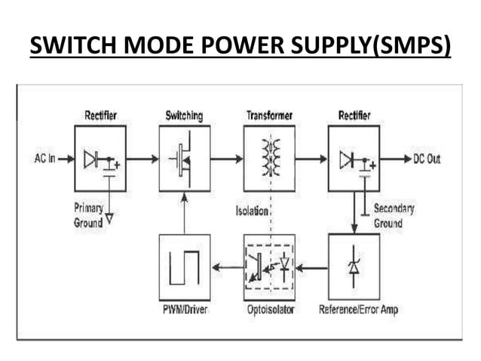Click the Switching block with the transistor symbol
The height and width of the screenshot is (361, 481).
click(x=185, y=159)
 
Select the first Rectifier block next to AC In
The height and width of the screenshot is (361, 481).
click(x=100, y=159)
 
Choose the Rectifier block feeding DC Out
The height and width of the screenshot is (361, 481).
click(x=354, y=159)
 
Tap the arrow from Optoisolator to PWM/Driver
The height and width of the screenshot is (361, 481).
click(x=227, y=266)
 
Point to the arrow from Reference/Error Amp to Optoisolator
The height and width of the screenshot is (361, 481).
click(x=311, y=266)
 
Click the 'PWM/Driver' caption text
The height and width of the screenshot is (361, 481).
click(x=185, y=310)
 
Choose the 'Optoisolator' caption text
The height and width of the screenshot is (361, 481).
click(x=269, y=310)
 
